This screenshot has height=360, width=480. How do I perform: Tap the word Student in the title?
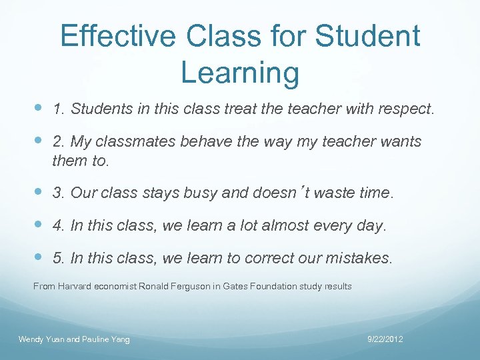pos(369,36)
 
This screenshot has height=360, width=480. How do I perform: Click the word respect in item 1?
pos(405,109)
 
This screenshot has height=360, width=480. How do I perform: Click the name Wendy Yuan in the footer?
pos(41,340)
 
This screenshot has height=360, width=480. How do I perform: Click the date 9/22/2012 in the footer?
pos(385,340)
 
